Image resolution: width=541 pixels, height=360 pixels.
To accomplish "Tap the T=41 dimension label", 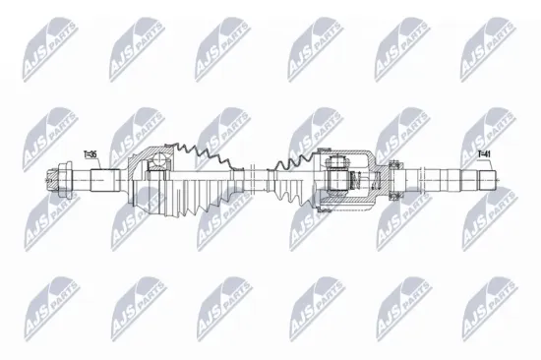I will tap(483, 154).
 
